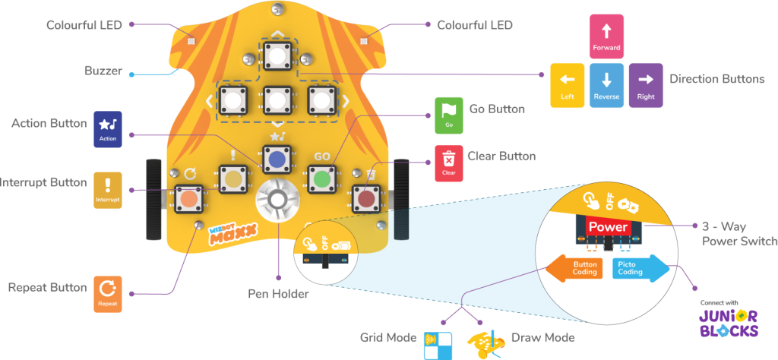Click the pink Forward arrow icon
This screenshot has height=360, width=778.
(606, 36)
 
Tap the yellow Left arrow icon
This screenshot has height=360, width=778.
(567, 85)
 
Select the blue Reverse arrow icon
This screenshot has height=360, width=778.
(606, 85)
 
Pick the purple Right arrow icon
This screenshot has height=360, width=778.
(646, 85)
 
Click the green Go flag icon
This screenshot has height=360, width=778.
(448, 115)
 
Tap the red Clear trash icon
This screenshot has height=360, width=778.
(449, 163)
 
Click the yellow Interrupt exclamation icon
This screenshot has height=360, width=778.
(107, 190)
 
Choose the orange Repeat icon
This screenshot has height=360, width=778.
(107, 294)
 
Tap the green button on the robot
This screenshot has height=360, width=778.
(322, 179)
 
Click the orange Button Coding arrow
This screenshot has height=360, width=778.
(575, 267)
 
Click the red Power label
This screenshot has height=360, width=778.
(608, 226)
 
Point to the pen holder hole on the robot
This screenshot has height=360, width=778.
(276, 201)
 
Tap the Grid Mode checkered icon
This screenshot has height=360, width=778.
(438, 343)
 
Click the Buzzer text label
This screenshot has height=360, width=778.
(103, 71)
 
